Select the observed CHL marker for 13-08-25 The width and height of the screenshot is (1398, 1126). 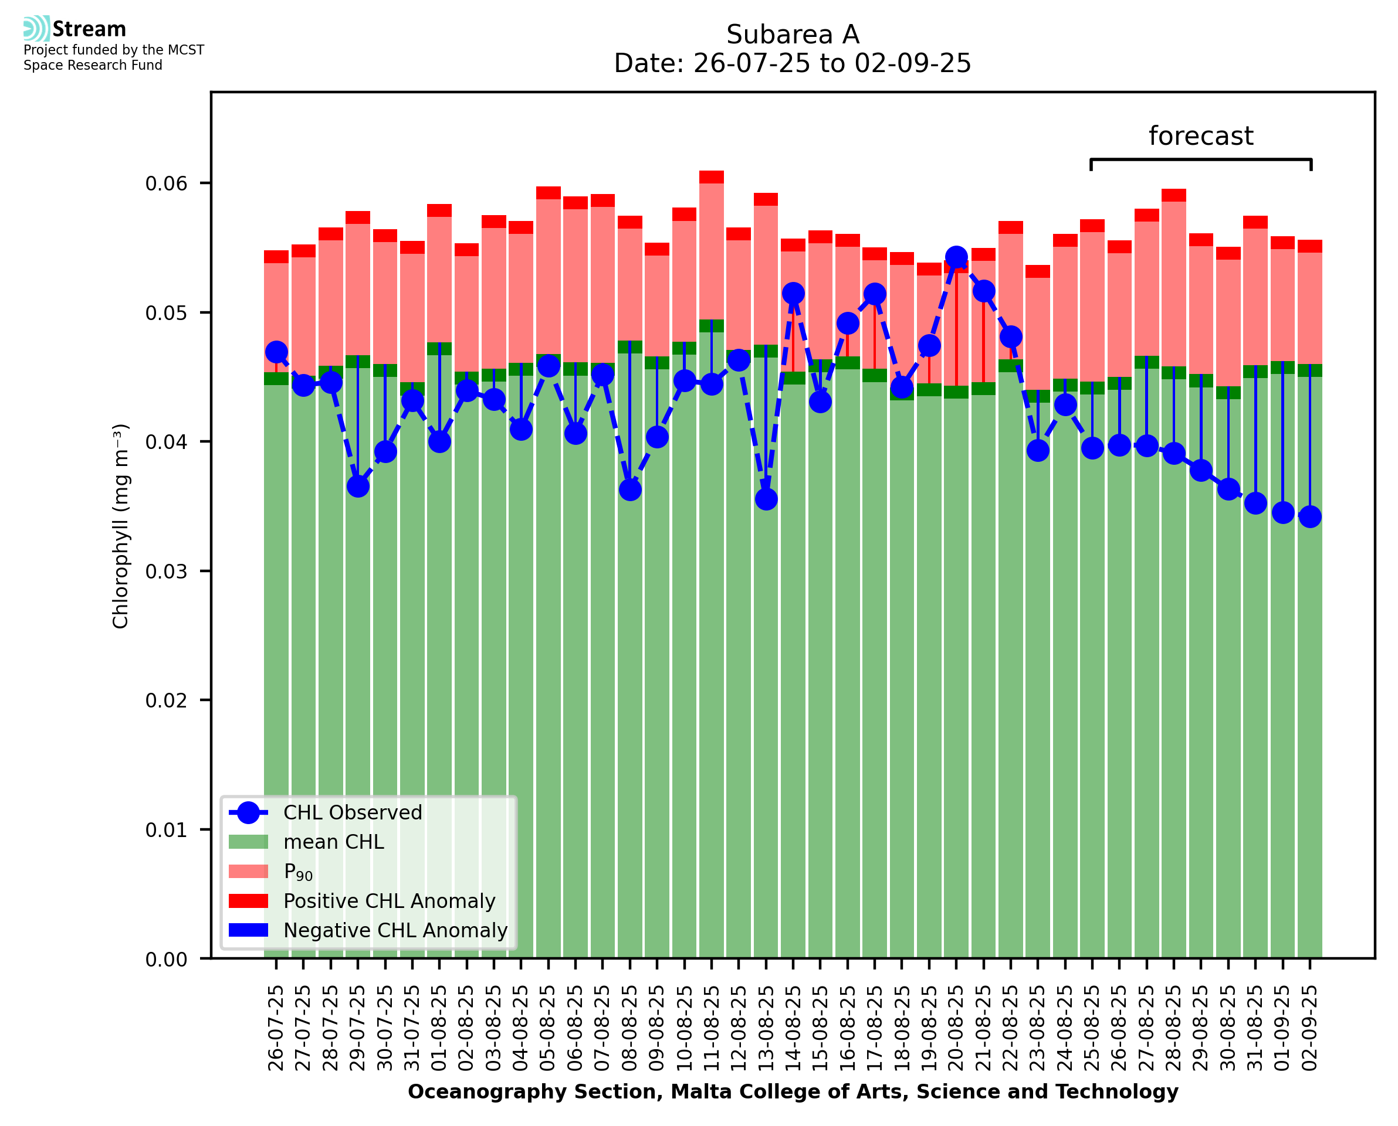click(766, 499)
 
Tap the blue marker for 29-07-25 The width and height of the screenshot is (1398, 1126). click(358, 486)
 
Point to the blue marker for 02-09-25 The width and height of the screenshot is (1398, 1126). click(1310, 516)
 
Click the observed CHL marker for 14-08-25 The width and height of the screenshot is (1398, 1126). click(793, 293)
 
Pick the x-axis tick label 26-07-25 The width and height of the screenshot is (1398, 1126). click(276, 1028)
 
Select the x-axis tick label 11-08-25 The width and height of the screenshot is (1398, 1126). click(712, 1028)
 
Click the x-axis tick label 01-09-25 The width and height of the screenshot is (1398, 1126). click(1282, 1028)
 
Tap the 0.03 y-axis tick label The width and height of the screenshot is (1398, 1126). click(166, 571)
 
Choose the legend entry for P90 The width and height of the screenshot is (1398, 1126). click(298, 872)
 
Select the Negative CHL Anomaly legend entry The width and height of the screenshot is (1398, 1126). click(395, 930)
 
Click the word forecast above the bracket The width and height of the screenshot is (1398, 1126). click(1201, 136)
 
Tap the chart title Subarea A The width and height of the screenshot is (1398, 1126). click(793, 35)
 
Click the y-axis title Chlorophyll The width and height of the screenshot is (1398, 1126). click(121, 525)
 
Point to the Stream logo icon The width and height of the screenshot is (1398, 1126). click(36, 29)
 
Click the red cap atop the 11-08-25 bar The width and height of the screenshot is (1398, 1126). click(712, 177)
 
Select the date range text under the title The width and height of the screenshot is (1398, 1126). click(793, 63)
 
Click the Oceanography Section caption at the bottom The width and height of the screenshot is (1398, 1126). click(793, 1091)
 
